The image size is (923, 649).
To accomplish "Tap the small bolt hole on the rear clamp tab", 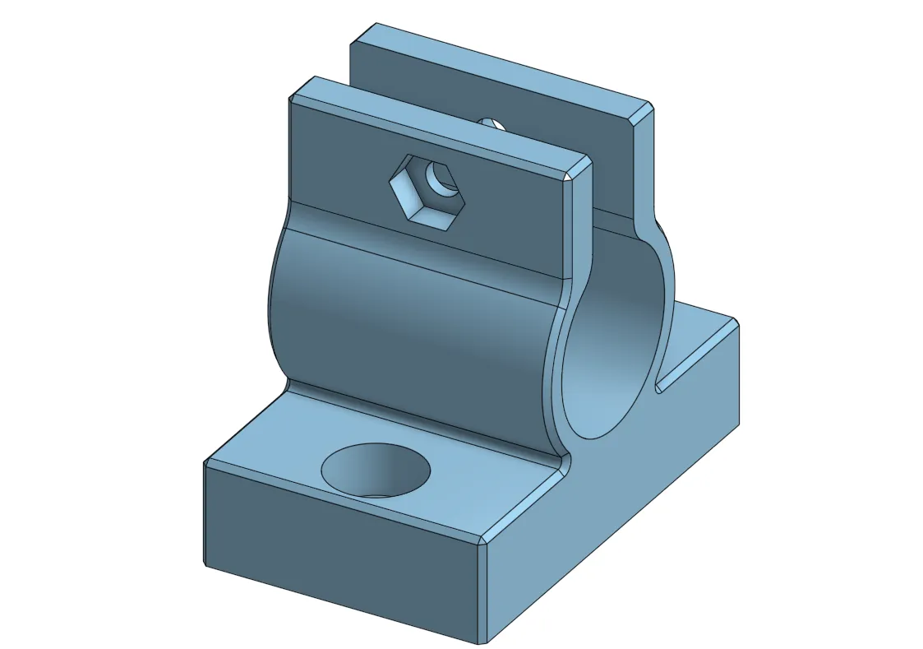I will pyautogui.click(x=491, y=123).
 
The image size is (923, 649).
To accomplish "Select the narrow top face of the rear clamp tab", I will pyautogui.click(x=501, y=62).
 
